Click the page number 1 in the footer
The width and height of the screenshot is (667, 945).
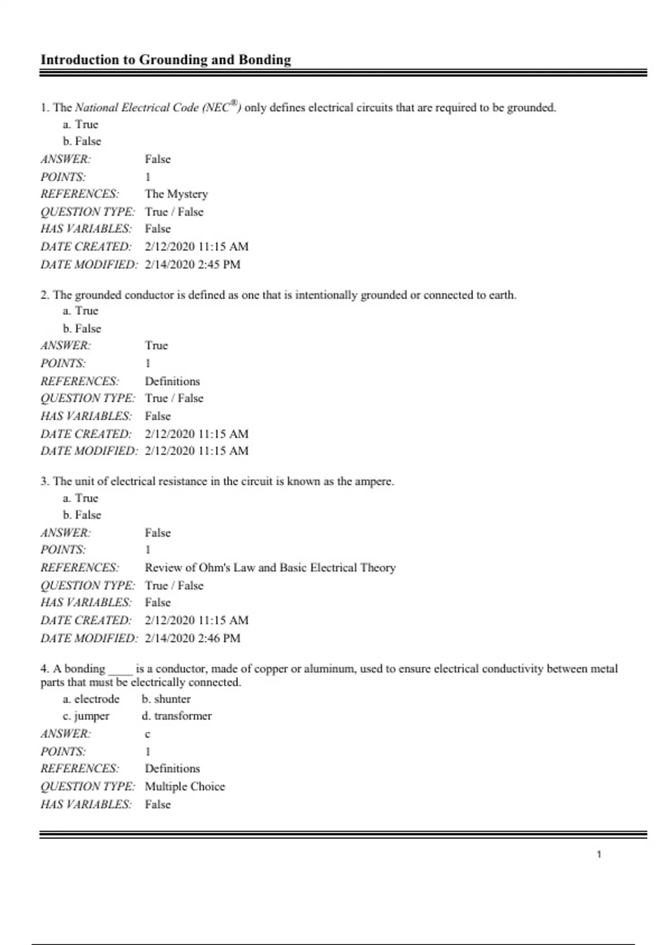click(x=599, y=854)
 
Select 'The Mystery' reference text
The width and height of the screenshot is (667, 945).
click(x=176, y=194)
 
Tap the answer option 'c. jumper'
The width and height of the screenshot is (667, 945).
click(x=86, y=716)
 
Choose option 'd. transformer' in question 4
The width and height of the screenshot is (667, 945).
click(x=177, y=716)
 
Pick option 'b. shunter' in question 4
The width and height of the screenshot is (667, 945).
click(x=166, y=699)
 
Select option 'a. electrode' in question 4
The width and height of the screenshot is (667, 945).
click(x=91, y=699)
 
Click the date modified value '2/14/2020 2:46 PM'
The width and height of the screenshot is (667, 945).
click(x=192, y=638)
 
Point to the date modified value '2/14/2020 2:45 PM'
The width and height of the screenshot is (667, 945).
click(x=192, y=265)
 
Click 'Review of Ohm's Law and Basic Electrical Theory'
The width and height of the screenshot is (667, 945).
click(x=270, y=568)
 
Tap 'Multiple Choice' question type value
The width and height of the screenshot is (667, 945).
click(x=185, y=787)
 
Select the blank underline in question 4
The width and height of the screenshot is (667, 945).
click(x=120, y=671)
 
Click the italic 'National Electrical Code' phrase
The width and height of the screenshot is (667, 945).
click(x=137, y=108)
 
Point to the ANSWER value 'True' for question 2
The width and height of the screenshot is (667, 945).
click(x=156, y=346)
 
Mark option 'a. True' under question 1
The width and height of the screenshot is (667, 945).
click(x=81, y=125)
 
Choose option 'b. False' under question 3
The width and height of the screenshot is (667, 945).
click(x=82, y=515)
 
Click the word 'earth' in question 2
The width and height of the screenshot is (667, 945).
click(x=501, y=295)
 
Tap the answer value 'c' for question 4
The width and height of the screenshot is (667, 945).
click(x=147, y=734)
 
